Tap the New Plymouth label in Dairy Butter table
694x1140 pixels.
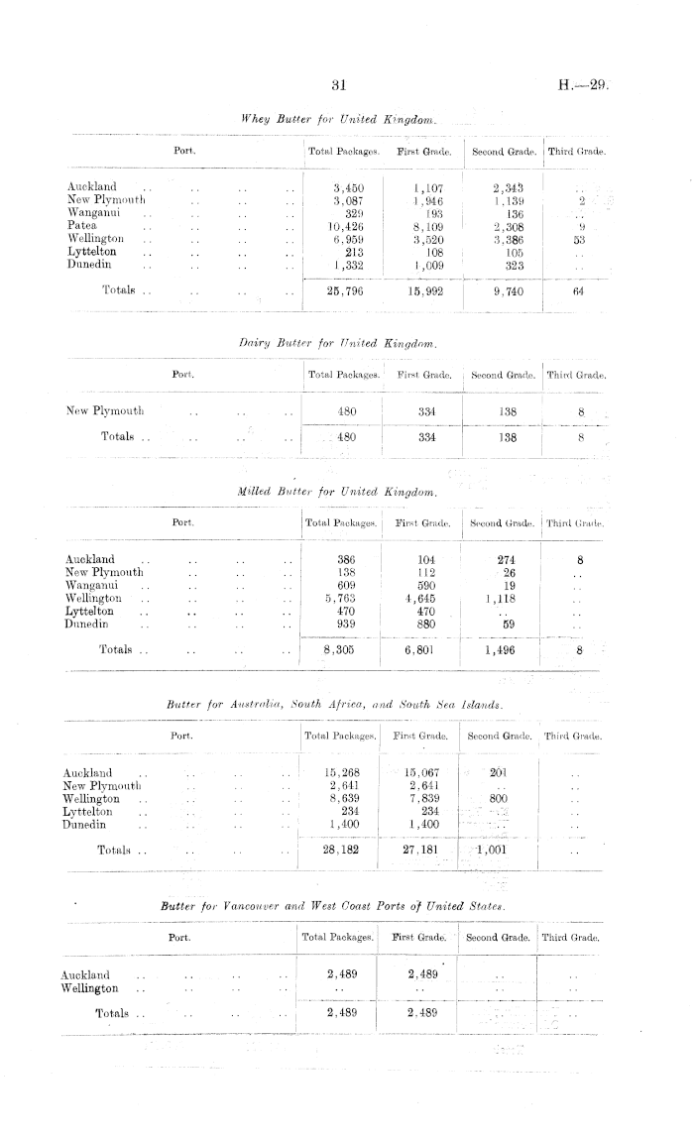point(104,410)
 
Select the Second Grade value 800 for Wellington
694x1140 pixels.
point(499,799)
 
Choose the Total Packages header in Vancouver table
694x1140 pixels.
point(337,937)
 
